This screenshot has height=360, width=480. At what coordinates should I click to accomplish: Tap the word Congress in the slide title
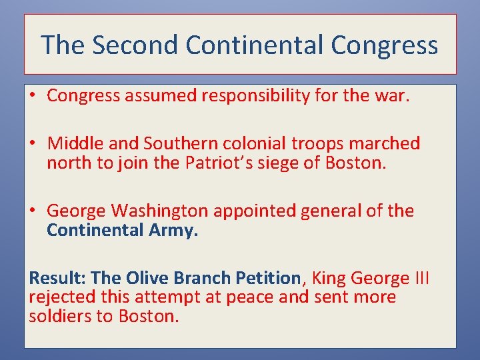coord(384,45)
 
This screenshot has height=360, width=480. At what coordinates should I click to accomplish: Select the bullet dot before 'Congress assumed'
coord(33,96)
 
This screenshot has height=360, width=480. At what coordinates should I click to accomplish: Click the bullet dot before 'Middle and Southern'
coord(33,143)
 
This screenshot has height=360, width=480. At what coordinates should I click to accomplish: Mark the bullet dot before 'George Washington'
coord(33,211)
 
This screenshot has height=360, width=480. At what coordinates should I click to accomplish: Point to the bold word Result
coord(57,277)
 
